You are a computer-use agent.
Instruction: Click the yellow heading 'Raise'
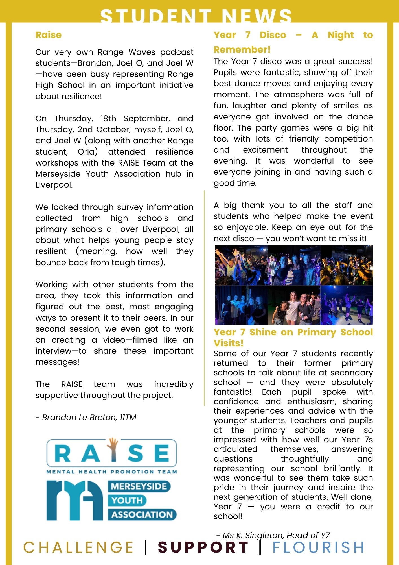click(48, 35)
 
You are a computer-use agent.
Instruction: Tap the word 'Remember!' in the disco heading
click(242, 50)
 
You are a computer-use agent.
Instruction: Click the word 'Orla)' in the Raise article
click(88, 152)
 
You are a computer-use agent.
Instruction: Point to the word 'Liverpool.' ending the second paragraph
click(54, 185)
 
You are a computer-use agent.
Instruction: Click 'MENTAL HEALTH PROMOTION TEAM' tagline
click(111, 471)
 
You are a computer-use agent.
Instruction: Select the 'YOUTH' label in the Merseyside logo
click(127, 500)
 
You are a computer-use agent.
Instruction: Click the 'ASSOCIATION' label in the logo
click(142, 514)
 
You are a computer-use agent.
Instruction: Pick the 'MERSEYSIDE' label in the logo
click(139, 486)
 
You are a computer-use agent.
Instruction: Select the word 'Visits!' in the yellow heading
click(228, 343)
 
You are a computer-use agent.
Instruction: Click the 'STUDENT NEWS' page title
click(196, 16)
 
